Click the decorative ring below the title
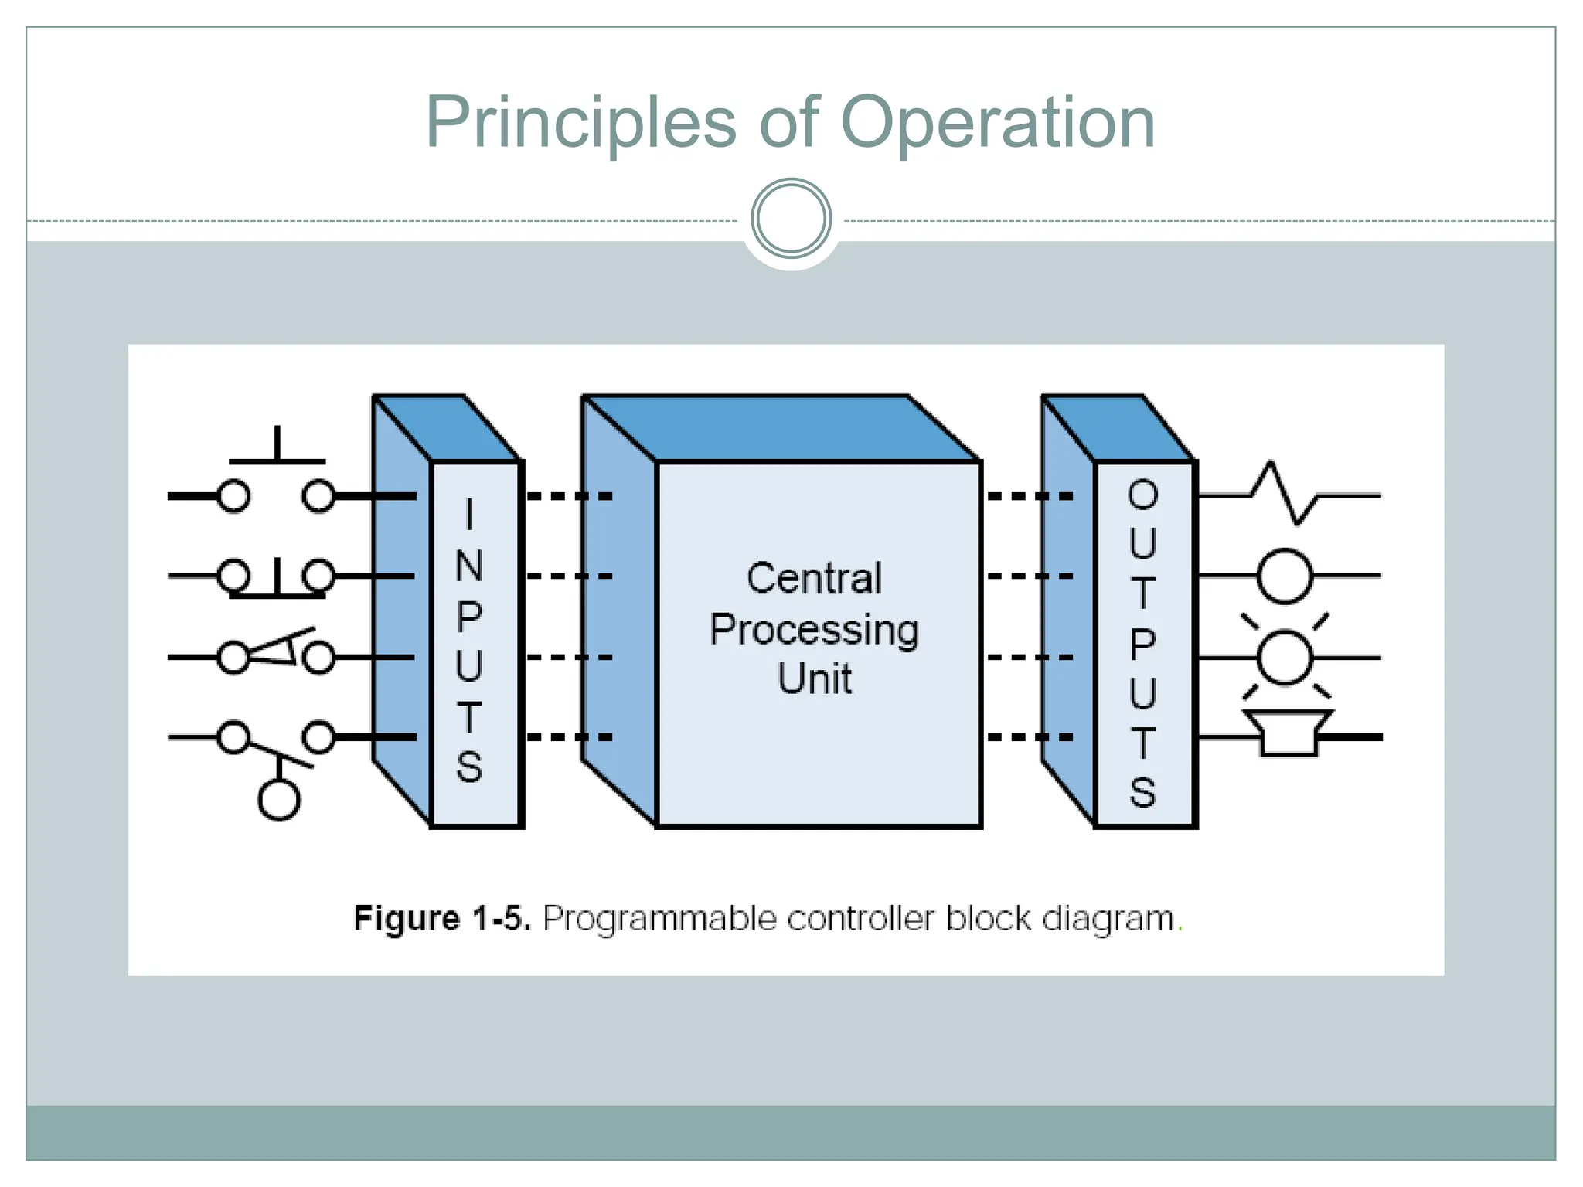791,218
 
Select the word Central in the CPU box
814,578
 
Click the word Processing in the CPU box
814,629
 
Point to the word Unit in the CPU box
814,679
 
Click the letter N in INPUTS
469,566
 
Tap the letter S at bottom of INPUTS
469,767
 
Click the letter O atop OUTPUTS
1142,495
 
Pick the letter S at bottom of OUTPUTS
1142,792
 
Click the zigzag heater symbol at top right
1285,495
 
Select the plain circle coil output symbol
1285,576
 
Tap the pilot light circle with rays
1285,657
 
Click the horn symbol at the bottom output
1288,734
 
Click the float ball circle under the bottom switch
278,799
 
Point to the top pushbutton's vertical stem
277,443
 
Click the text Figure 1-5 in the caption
441,919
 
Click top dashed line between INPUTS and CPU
570,496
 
